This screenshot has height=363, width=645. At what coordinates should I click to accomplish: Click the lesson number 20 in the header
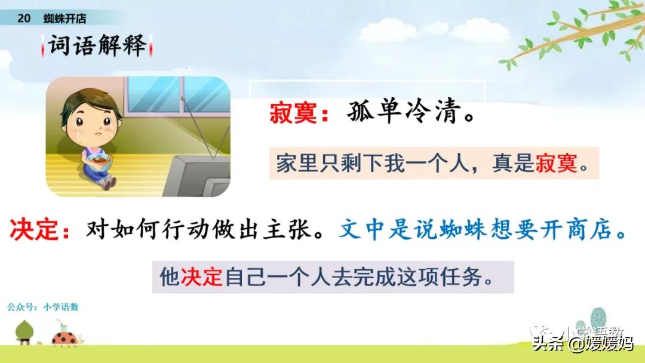click(x=24, y=18)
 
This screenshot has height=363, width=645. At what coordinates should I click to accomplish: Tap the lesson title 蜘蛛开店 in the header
click(x=64, y=18)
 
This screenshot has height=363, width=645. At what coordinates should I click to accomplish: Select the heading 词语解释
click(x=97, y=45)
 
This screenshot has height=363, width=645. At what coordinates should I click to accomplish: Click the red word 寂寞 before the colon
click(x=293, y=113)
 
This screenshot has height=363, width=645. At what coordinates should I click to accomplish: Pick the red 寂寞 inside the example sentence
click(x=556, y=163)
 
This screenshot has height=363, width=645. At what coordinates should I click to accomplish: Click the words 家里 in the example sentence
click(x=297, y=163)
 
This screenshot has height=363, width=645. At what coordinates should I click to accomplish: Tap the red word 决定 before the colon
click(x=33, y=229)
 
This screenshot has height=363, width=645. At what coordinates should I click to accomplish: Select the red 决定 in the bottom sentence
click(x=202, y=276)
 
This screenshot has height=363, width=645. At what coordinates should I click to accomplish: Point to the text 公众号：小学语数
click(x=43, y=307)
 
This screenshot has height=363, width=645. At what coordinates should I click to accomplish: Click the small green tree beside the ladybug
click(x=24, y=331)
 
